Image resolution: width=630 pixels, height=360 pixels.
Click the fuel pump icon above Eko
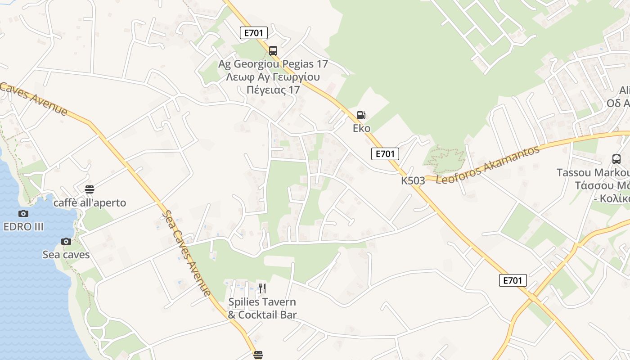pyautogui.click(x=361, y=115)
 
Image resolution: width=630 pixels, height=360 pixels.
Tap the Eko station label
pyautogui.click(x=361, y=128)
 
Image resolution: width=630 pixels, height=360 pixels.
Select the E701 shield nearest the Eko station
pyautogui.click(x=385, y=154)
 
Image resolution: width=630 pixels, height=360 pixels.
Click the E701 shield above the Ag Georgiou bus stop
pyautogui.click(x=254, y=32)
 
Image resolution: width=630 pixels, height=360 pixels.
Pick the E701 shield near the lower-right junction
pyautogui.click(x=513, y=281)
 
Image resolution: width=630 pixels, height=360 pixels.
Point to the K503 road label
pyautogui.click(x=413, y=181)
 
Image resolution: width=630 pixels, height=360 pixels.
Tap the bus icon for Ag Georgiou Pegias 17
pyautogui.click(x=273, y=50)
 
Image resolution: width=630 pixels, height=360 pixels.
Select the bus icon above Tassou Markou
pyautogui.click(x=616, y=159)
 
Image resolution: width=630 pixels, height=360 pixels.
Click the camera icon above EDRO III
pyautogui.click(x=23, y=213)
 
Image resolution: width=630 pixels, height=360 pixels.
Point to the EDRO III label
pyautogui.click(x=23, y=226)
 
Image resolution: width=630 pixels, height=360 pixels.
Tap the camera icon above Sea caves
pyautogui.click(x=66, y=241)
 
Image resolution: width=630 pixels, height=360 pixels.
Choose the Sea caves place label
pyautogui.click(x=66, y=255)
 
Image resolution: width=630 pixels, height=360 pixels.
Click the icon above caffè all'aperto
pyautogui.click(x=90, y=189)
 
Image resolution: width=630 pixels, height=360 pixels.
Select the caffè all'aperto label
pyautogui.click(x=90, y=203)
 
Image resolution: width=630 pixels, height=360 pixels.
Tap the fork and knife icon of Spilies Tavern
pyautogui.click(x=262, y=288)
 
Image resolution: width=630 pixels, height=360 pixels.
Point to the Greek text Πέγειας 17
pyautogui.click(x=273, y=90)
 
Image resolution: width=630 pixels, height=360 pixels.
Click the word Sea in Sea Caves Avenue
pyautogui.click(x=169, y=220)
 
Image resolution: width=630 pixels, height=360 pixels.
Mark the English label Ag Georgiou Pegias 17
pyautogui.click(x=273, y=64)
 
